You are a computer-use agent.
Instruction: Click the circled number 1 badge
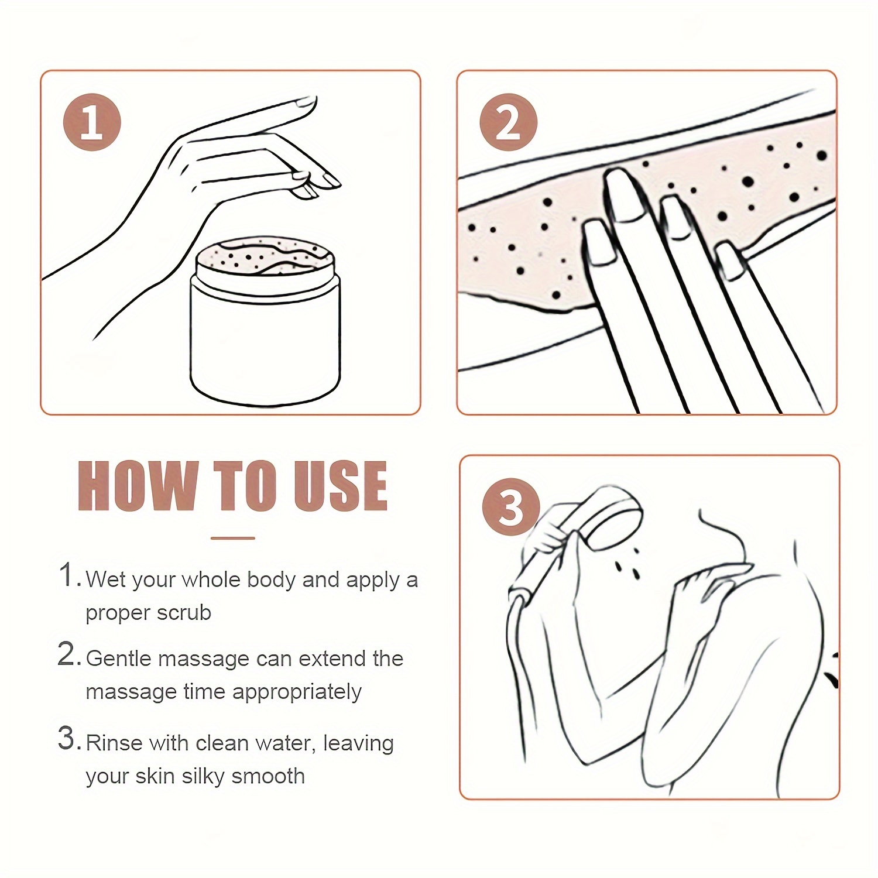coord(92,122)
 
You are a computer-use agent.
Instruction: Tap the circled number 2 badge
coord(508,122)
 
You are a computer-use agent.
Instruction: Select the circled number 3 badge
coord(510,507)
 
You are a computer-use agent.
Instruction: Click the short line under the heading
coord(232,538)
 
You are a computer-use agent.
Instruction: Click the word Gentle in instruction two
coord(119,659)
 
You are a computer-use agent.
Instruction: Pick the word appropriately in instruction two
coord(296,692)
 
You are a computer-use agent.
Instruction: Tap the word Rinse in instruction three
coord(114,743)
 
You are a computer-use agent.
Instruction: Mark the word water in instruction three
coord(282,743)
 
